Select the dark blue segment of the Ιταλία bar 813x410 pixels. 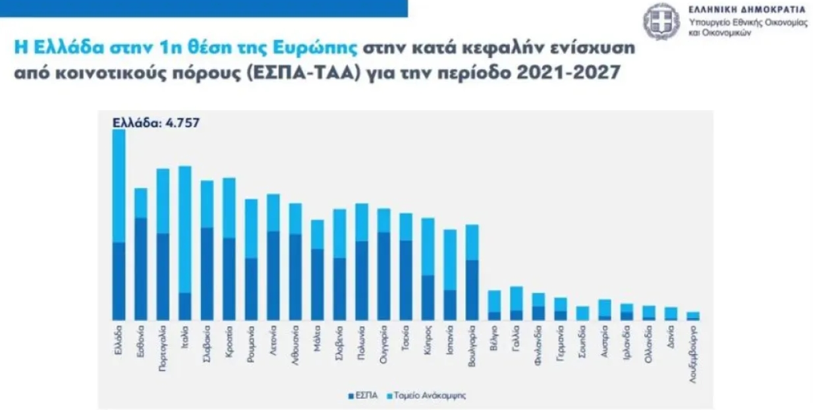[x=185, y=307]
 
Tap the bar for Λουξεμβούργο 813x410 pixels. [x=693, y=316]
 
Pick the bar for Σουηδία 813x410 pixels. [x=582, y=313]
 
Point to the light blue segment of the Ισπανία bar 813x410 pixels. [x=450, y=260]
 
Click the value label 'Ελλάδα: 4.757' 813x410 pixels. [x=148, y=123]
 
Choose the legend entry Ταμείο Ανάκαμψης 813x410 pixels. [x=428, y=395]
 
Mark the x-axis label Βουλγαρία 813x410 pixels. [x=472, y=345]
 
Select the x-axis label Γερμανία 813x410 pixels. [x=561, y=343]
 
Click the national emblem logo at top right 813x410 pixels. [x=661, y=20]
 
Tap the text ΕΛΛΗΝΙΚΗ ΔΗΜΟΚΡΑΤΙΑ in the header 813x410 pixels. [x=746, y=9]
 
